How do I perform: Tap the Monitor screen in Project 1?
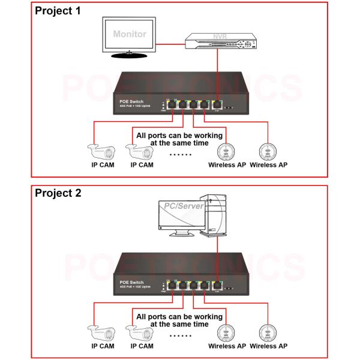(x=129, y=35)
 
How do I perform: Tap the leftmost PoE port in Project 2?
(x=172, y=286)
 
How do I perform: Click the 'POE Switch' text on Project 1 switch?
(x=131, y=101)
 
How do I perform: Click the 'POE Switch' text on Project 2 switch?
(x=131, y=282)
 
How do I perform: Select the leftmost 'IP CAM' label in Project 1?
(x=103, y=164)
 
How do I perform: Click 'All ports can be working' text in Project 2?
(x=179, y=316)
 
